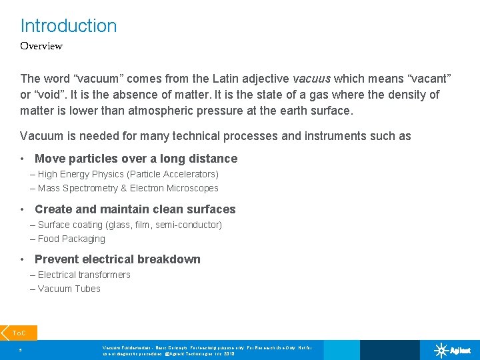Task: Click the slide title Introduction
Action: point(68,26)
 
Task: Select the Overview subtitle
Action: point(41,46)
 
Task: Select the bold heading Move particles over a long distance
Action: point(135,159)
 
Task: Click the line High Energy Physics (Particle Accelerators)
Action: point(127,174)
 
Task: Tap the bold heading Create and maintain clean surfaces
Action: point(135,209)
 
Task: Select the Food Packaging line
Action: point(71,239)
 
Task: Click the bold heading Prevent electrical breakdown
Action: point(117,259)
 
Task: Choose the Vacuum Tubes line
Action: point(69,289)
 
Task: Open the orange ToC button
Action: point(19,333)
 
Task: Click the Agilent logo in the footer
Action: point(453,350)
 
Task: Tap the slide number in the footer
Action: point(21,349)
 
